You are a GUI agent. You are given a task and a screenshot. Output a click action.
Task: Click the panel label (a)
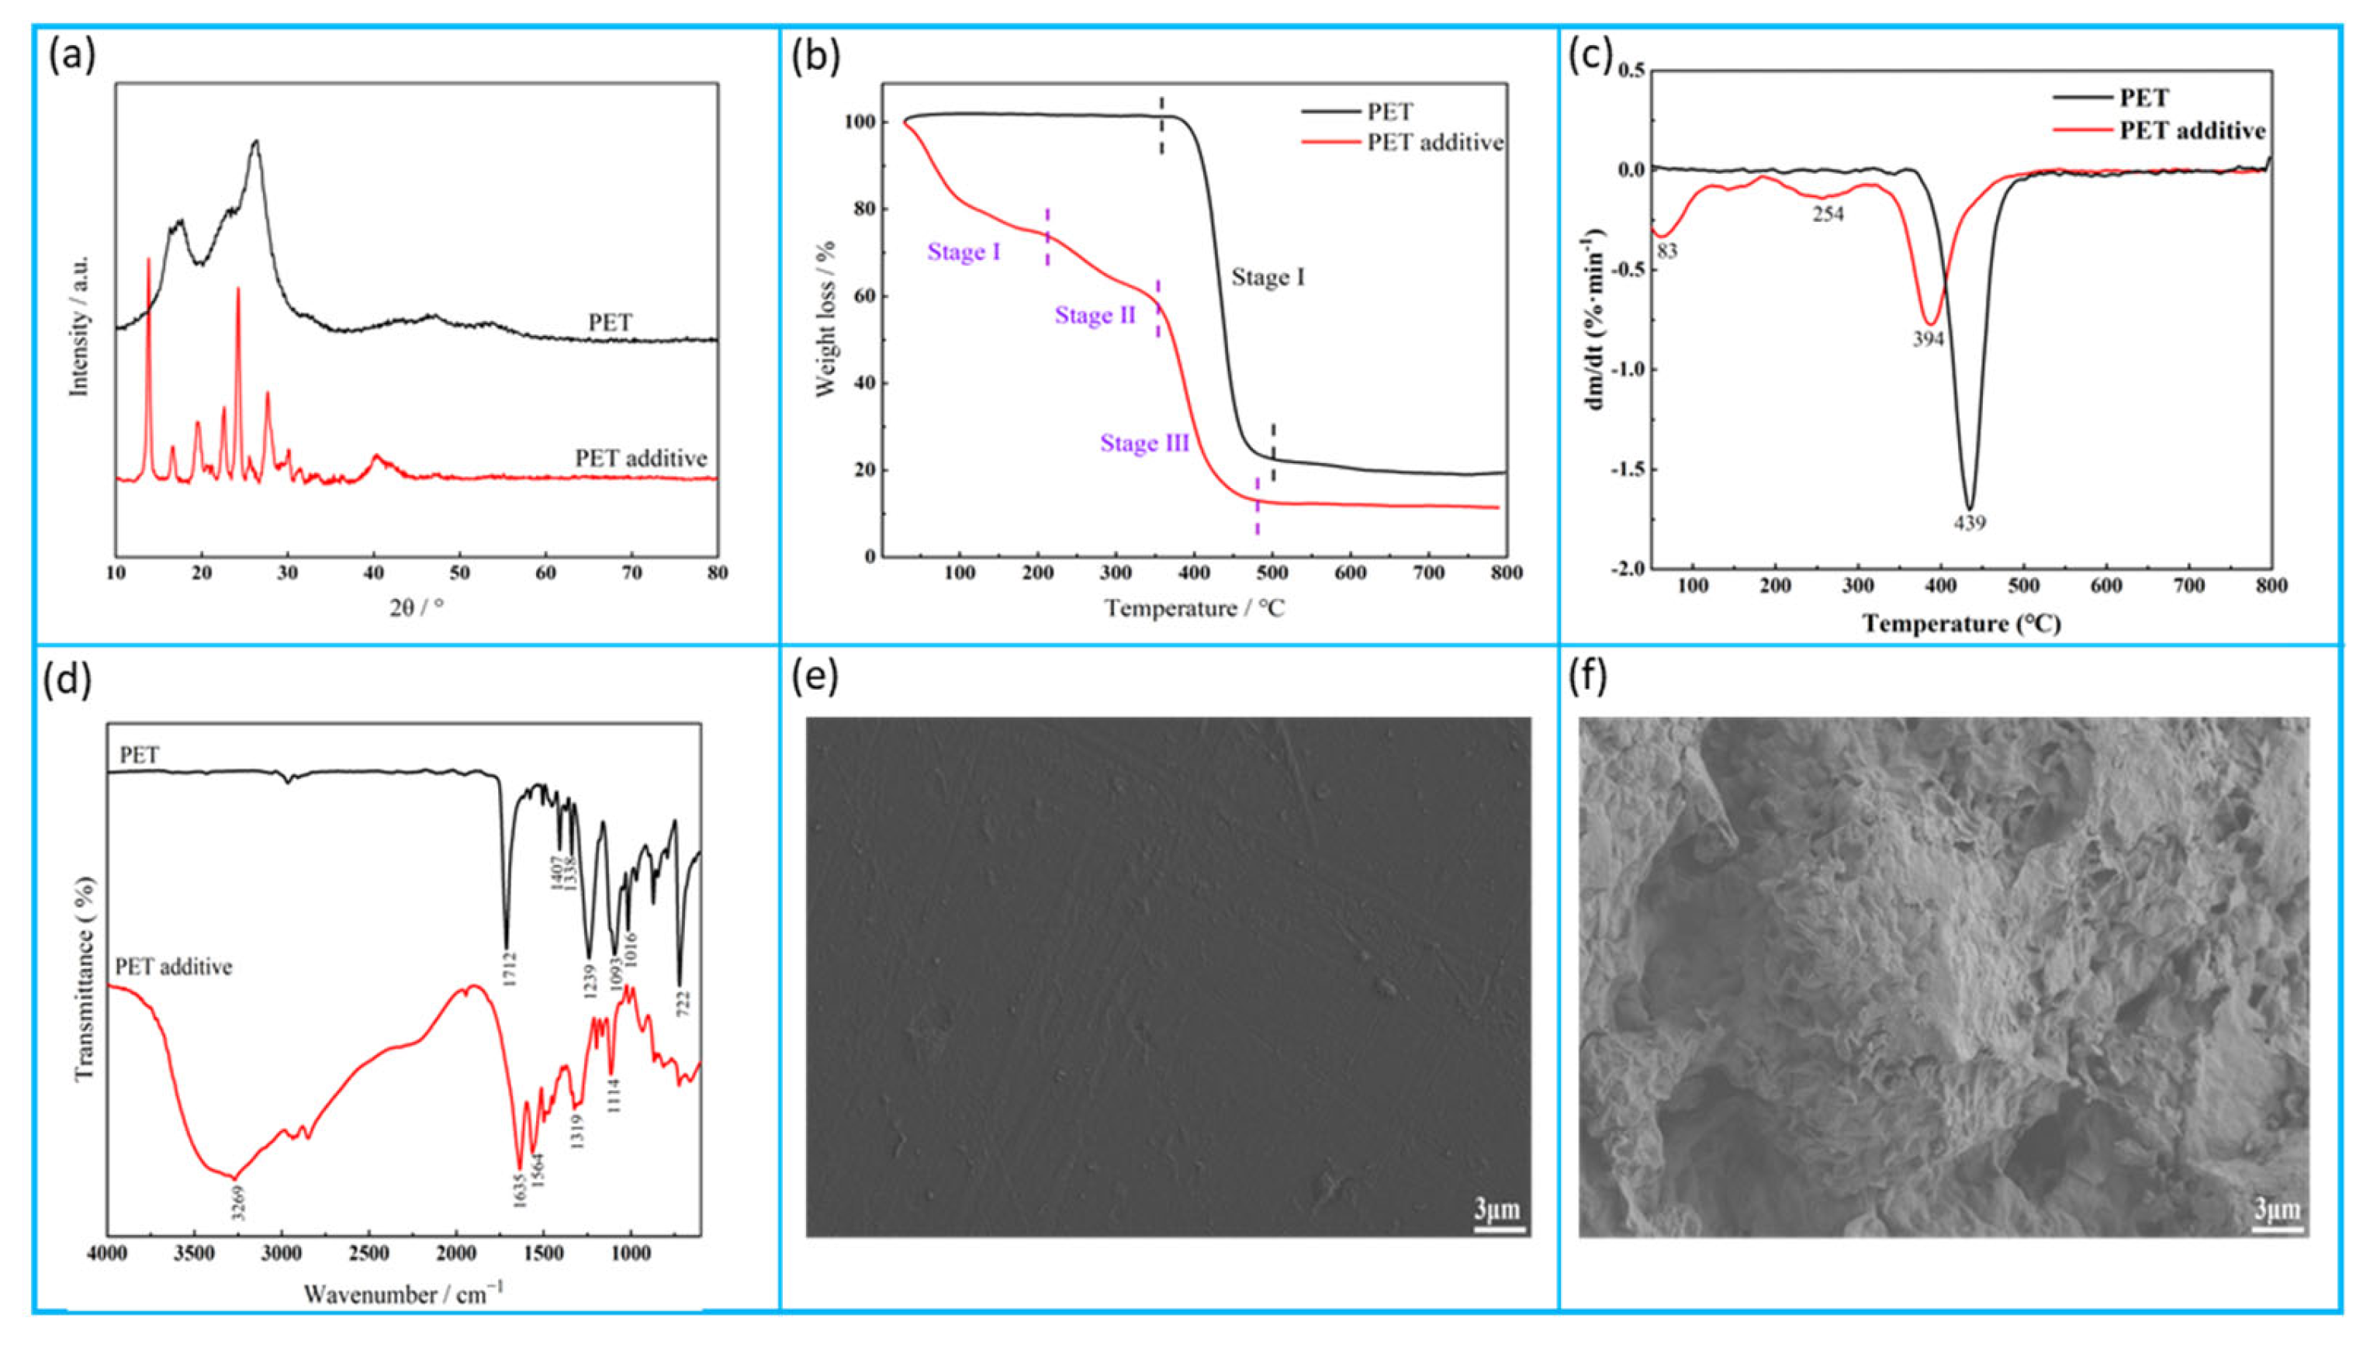71,57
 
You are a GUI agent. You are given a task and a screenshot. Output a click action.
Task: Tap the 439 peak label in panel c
1969,523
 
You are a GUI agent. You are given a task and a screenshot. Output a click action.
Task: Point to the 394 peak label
1928,339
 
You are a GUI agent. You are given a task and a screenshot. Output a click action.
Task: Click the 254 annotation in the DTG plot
1828,214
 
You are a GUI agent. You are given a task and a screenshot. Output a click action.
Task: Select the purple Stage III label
1144,444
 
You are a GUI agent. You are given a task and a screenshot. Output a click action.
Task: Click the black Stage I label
1268,277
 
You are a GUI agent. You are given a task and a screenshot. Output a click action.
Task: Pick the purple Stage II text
1095,317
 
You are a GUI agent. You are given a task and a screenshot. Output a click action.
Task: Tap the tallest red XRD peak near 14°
148,261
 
